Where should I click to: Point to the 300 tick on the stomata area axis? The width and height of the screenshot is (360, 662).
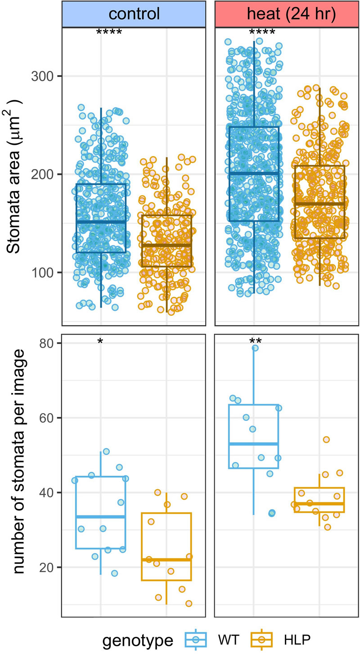[x=40, y=76]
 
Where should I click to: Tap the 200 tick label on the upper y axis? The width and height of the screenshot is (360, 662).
[x=40, y=174]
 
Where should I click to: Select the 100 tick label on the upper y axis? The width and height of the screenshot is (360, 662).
[x=40, y=273]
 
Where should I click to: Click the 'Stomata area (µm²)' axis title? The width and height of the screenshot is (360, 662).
[x=17, y=175]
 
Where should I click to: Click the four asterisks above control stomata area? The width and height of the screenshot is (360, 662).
[x=109, y=32]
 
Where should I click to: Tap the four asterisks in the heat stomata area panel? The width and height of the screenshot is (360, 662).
[x=262, y=32]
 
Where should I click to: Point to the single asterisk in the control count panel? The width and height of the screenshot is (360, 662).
[x=100, y=342]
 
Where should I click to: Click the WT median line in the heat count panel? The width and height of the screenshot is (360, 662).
[x=254, y=444]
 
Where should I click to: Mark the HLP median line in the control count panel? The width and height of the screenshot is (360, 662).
[x=166, y=559]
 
